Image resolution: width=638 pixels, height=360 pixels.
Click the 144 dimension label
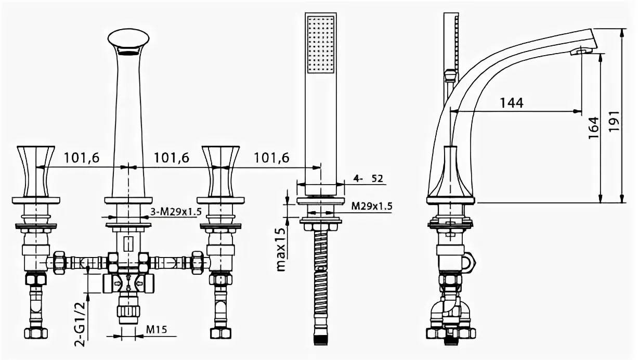click(512, 102)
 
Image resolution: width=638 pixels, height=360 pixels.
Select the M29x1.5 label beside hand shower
click(371, 206)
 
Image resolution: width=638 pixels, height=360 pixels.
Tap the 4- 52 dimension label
click(368, 178)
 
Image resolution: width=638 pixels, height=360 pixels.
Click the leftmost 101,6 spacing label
click(81, 158)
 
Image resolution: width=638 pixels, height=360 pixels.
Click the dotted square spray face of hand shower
click(322, 44)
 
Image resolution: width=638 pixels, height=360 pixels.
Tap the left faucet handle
click(36, 169)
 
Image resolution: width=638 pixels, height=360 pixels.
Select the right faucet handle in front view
click(221, 169)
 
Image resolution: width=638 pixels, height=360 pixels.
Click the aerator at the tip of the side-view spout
click(581, 51)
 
